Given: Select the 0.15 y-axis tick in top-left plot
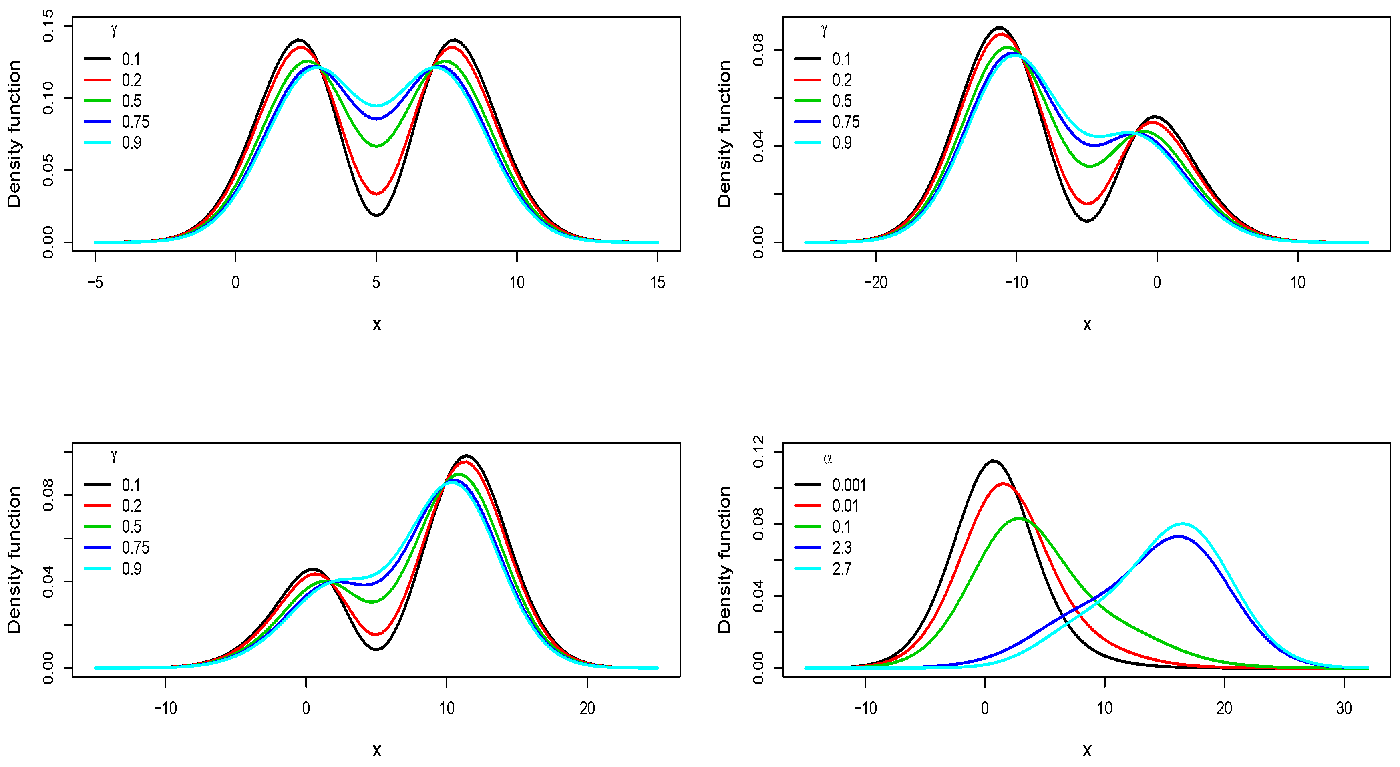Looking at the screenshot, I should [x=48, y=26].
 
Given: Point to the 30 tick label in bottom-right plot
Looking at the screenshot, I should [x=1344, y=708].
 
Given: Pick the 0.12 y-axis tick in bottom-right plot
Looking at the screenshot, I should [x=758, y=452].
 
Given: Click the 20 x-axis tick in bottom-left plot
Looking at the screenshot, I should [x=587, y=708].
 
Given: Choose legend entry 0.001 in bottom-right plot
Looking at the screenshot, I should [x=848, y=485].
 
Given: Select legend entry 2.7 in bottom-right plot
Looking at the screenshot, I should [x=841, y=569].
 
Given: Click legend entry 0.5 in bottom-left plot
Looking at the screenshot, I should [x=131, y=527].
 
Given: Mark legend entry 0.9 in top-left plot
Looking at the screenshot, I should [x=131, y=143].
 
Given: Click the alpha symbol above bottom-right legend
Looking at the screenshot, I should [x=828, y=459].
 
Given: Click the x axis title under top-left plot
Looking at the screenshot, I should [x=376, y=325].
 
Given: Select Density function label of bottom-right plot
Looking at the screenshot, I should [x=724, y=560].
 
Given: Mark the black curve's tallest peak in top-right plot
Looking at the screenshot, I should [x=999, y=27].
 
